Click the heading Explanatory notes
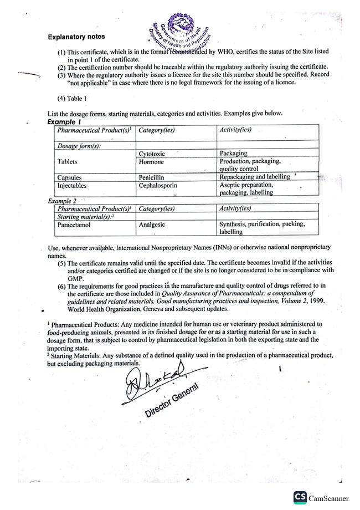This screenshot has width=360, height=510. (x=76, y=37)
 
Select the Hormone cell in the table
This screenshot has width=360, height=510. (x=151, y=162)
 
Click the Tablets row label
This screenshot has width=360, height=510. (x=67, y=162)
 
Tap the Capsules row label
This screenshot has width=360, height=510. (x=70, y=177)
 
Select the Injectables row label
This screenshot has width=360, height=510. (x=72, y=186)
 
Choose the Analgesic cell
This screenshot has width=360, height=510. (x=152, y=225)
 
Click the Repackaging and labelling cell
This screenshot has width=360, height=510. (x=255, y=177)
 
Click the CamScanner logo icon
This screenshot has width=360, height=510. (x=301, y=497)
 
